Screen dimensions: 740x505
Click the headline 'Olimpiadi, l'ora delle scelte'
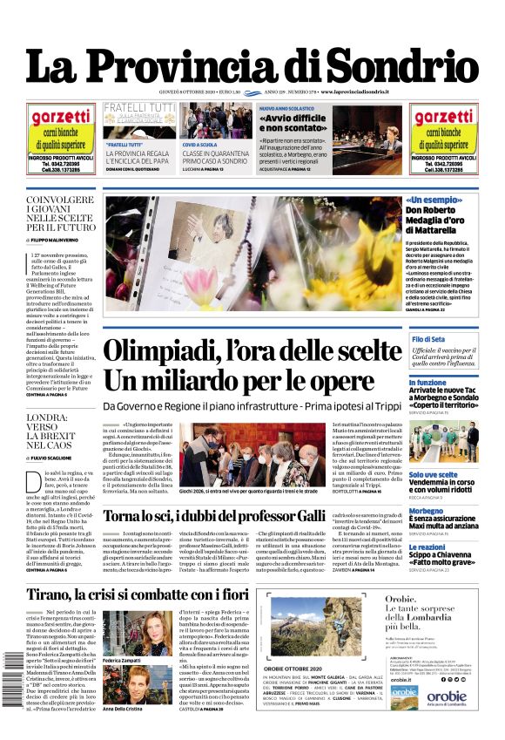(x=252, y=352)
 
